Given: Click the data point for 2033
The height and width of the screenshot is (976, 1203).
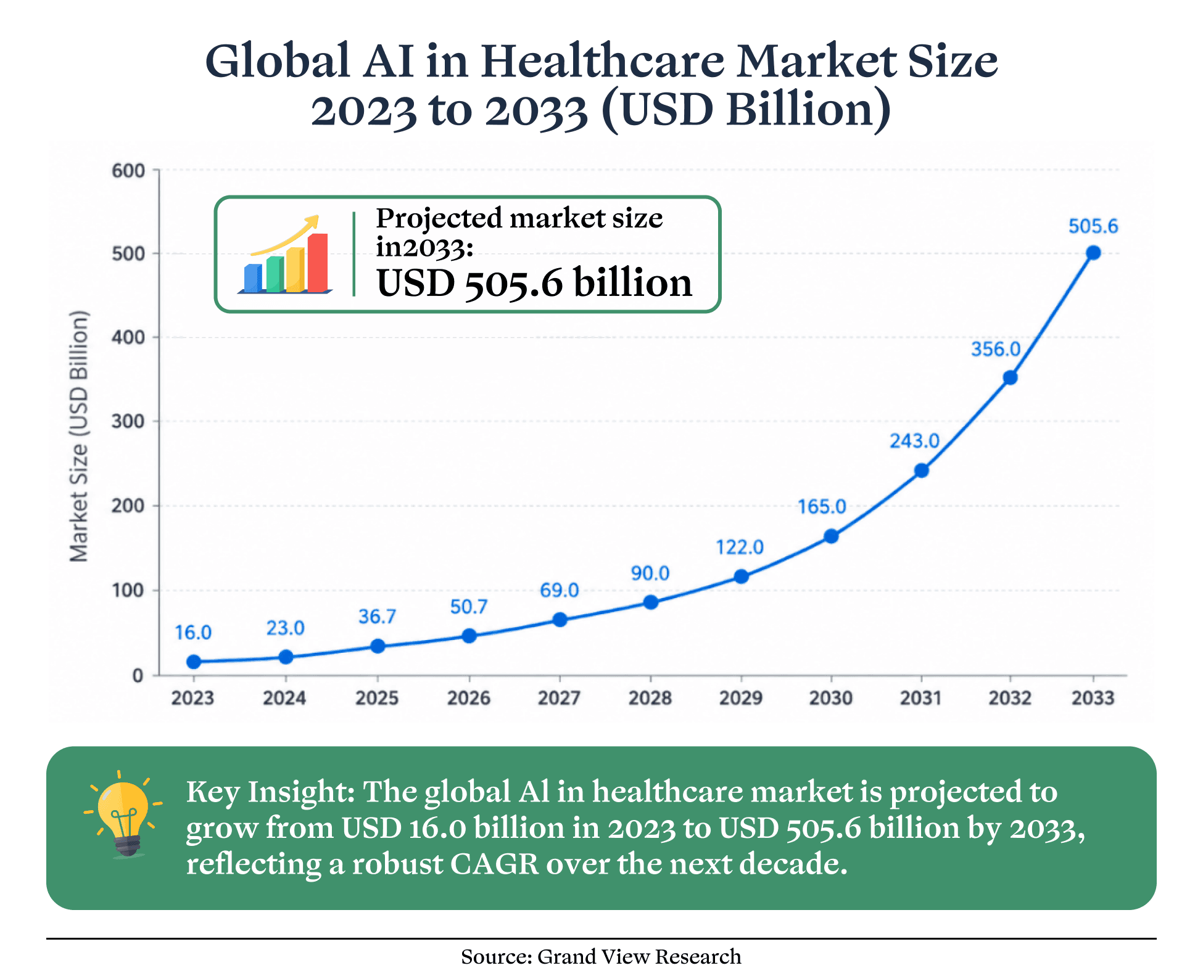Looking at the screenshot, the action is [1093, 253].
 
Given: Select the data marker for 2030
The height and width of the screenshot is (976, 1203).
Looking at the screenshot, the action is [831, 536].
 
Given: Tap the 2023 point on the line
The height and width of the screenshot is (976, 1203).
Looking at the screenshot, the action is [194, 662].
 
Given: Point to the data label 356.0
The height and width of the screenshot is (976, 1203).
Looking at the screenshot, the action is [996, 350].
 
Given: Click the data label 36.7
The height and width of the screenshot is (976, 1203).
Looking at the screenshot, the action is [377, 617].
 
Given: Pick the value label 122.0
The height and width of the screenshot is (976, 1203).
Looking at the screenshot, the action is [740, 547].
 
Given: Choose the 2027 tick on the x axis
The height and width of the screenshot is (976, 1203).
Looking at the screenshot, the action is [560, 698].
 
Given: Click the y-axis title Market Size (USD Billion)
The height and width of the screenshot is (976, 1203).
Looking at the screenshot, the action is [79, 437].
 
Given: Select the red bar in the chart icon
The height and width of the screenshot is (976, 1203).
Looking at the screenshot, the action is [318, 263].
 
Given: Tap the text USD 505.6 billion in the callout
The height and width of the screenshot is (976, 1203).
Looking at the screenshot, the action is [534, 283].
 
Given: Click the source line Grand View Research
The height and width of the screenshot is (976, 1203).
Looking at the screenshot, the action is [639, 956].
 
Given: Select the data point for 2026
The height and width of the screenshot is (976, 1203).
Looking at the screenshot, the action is [469, 636].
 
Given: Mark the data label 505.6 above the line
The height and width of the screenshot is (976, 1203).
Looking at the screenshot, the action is [1093, 226].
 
